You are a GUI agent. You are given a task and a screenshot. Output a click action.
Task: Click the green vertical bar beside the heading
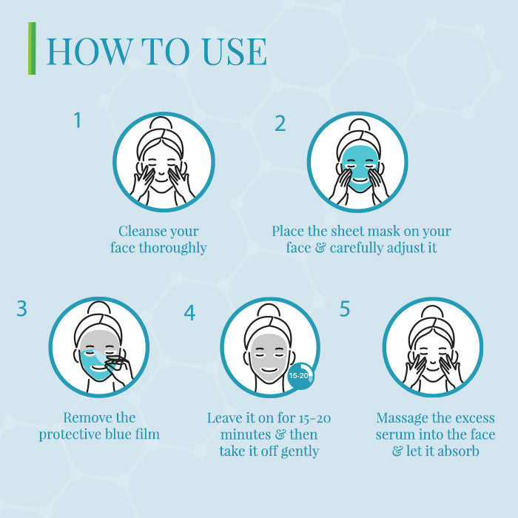[x=32, y=48]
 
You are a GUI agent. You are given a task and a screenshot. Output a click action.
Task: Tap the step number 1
[x=78, y=120]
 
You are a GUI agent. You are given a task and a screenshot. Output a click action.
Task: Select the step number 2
[x=280, y=124]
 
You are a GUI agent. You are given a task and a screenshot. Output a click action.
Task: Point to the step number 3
[x=21, y=309]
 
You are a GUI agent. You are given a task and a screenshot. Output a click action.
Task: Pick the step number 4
[x=189, y=312]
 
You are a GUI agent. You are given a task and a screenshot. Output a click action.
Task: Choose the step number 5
[x=345, y=309]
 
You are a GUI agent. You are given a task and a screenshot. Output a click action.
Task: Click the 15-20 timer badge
[x=300, y=376]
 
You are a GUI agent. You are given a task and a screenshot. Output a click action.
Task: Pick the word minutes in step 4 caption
[x=246, y=434]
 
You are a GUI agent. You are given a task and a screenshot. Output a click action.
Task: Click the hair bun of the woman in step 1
[x=161, y=124]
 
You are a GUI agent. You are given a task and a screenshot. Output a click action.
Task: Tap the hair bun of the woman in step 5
[x=431, y=312]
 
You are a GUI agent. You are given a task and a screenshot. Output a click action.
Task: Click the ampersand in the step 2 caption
[x=320, y=248]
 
